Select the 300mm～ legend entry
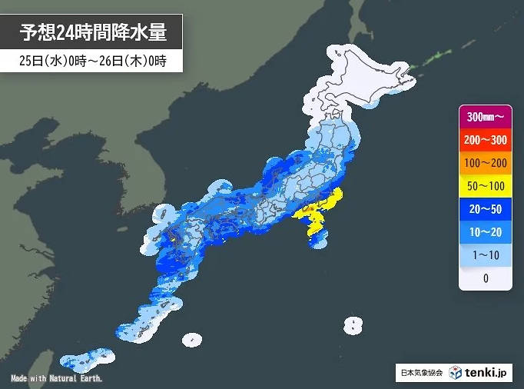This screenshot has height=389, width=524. click(485, 117)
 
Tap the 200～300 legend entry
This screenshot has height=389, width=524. click(485, 140)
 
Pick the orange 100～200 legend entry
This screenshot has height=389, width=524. click(485, 163)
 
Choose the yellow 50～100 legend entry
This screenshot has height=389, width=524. click(485, 186)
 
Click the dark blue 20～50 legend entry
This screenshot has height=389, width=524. click(485, 209)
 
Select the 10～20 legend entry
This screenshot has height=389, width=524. click(485, 232)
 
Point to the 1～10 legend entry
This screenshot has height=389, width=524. click(485, 255)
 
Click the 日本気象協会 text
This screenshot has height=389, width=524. click(420, 373)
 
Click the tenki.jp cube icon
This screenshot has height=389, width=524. click(456, 372)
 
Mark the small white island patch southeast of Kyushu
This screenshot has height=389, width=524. click(191, 338)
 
